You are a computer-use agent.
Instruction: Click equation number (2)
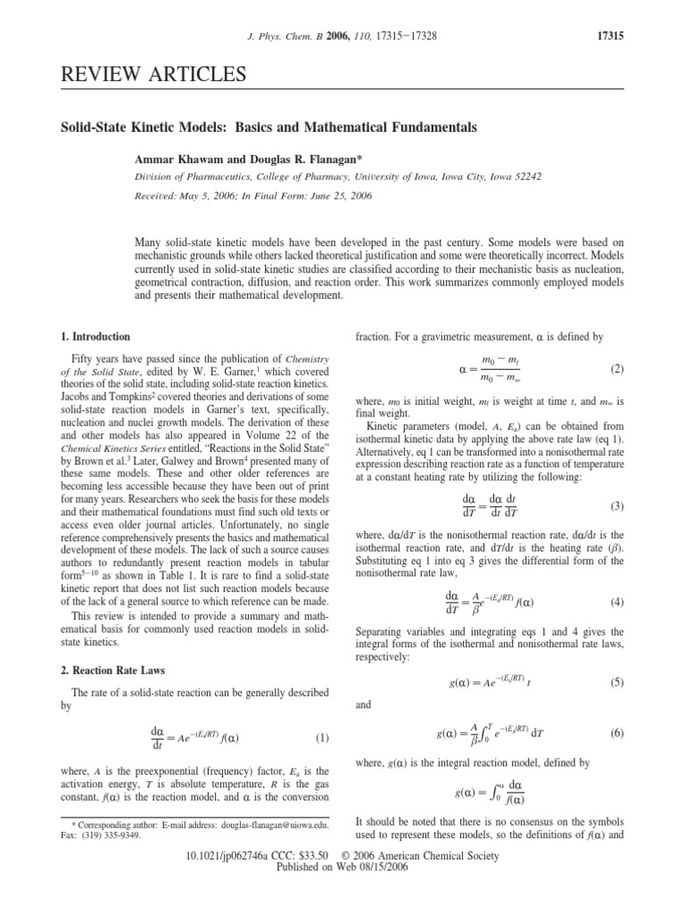point(616,367)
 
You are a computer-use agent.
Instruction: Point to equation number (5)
point(616,683)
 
